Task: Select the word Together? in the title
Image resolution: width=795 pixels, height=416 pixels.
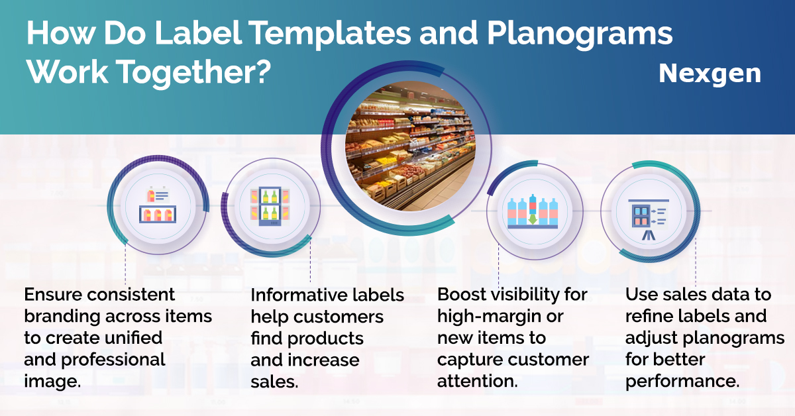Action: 193,73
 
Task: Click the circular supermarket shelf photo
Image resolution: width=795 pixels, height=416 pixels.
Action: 410,146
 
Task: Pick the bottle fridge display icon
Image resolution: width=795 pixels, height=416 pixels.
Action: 270,206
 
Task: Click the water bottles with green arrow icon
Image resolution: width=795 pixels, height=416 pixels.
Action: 533,211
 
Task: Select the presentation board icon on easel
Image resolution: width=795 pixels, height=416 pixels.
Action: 649,219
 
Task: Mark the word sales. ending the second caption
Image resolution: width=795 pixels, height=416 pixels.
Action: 274,382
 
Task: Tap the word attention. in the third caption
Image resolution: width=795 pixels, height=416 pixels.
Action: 478,381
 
